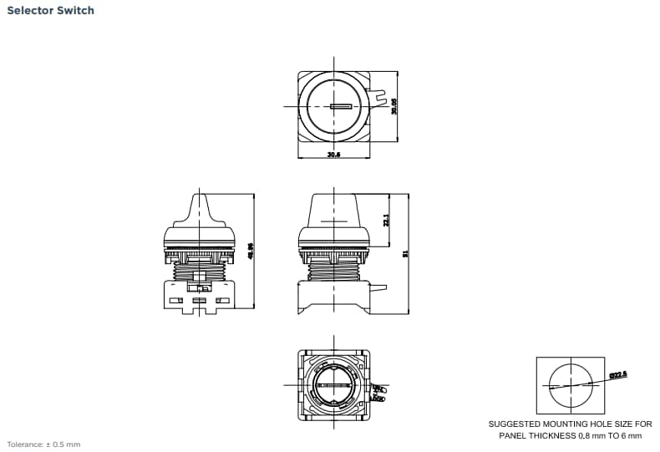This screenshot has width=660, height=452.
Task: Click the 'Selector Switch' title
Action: point(50,11)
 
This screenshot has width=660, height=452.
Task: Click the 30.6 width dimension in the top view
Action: point(333,155)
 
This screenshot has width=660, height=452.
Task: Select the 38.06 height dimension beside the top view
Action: point(394,106)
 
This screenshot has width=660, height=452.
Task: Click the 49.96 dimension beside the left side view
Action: point(251,251)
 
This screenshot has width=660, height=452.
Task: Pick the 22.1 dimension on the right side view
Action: point(386,220)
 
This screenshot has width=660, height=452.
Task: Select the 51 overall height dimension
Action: point(406,254)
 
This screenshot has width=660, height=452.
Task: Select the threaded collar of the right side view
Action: point(333,269)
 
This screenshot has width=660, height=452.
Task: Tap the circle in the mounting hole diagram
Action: point(569,385)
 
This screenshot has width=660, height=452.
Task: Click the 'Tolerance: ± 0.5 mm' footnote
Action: point(43,444)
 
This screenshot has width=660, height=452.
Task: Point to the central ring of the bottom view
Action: point(333,387)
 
